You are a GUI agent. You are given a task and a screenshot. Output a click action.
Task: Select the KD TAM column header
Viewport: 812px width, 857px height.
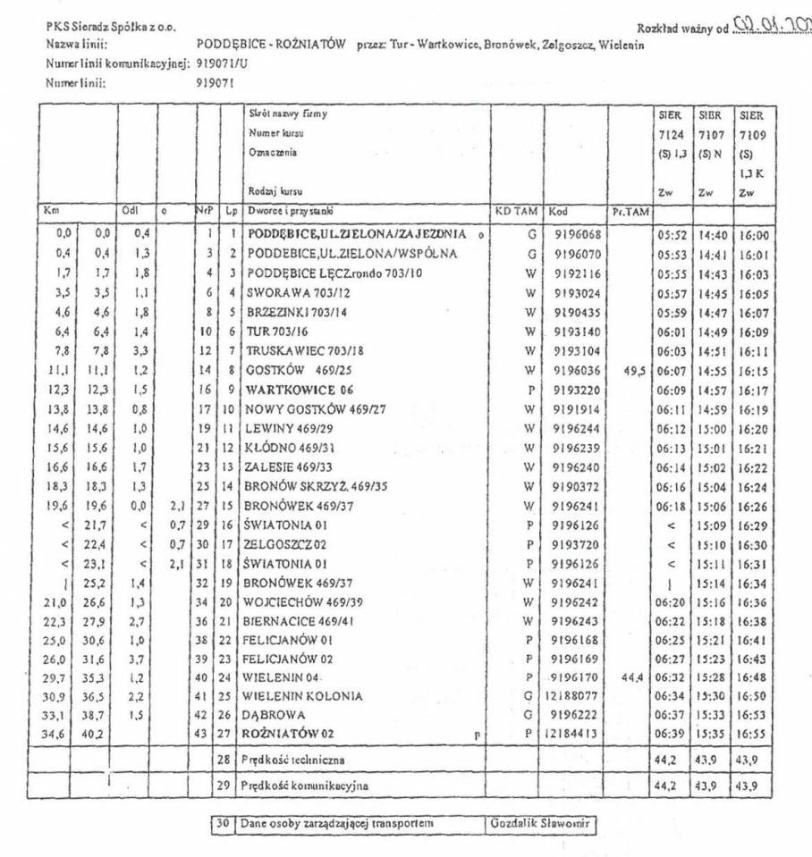tap(517, 213)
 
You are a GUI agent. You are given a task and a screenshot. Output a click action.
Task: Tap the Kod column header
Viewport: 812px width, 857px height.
tap(561, 213)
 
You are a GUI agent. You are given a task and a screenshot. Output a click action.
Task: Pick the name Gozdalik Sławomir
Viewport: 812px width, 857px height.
tap(542, 823)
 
